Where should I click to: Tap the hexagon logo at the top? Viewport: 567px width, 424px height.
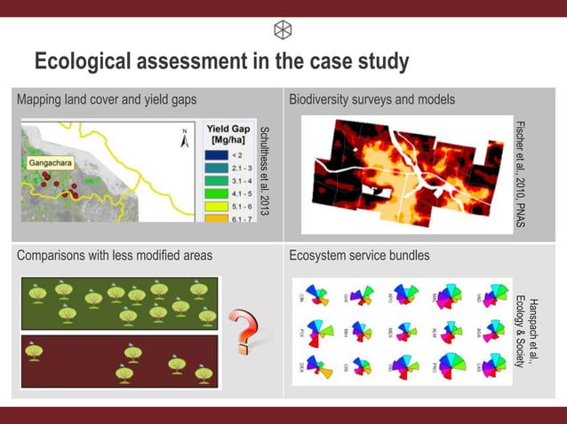pyautogui.click(x=283, y=29)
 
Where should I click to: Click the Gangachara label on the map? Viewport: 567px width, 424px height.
pyautogui.click(x=51, y=164)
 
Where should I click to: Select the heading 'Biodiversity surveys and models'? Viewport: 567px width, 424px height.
pyautogui.click(x=371, y=100)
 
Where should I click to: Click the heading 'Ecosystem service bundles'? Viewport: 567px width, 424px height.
pyautogui.click(x=359, y=255)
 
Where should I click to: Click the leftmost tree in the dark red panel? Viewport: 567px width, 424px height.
pyautogui.click(x=36, y=352)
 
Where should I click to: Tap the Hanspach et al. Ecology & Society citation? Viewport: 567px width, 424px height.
pyautogui.click(x=527, y=329)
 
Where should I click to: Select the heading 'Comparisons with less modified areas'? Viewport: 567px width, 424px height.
pyautogui.click(x=115, y=255)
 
